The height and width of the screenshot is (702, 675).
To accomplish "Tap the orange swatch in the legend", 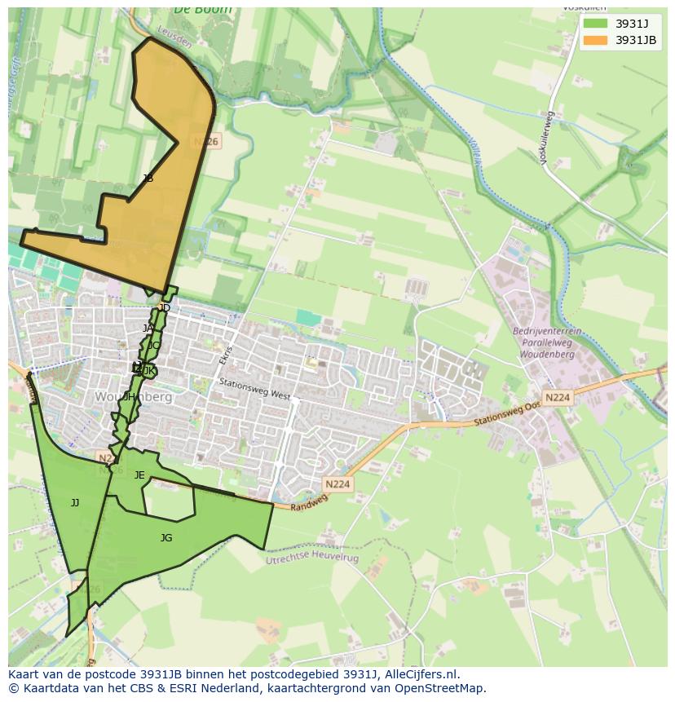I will click(596, 40).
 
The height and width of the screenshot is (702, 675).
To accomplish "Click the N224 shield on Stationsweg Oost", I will click(558, 398).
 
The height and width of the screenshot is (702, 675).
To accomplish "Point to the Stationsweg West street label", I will click(254, 388).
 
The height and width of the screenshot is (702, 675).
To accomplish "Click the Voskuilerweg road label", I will click(548, 139).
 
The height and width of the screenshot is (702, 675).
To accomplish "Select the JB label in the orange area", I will click(148, 179).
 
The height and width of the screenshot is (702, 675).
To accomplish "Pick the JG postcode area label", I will click(166, 538).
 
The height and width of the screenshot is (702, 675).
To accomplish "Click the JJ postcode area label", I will click(75, 503).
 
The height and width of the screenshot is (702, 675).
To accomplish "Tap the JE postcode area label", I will click(139, 475).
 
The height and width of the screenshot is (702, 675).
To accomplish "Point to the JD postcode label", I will click(165, 308).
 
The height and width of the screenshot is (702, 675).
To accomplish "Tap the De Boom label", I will click(202, 10).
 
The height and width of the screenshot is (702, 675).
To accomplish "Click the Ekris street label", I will click(227, 356).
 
